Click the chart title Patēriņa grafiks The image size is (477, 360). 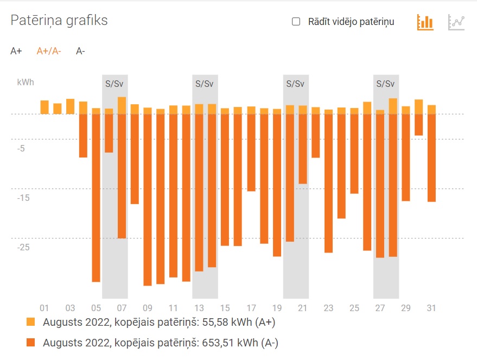click(x=59, y=21)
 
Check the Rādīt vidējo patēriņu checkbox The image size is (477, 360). click(x=296, y=22)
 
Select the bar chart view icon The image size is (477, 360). click(x=425, y=22)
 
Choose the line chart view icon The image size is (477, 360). click(x=456, y=22)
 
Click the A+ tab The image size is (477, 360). click(x=16, y=52)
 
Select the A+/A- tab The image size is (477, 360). click(x=49, y=52)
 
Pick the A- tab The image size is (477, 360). click(x=80, y=52)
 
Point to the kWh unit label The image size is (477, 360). click(x=26, y=83)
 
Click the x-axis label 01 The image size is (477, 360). click(x=44, y=308)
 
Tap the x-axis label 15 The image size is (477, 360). click(x=225, y=308)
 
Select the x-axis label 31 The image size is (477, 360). click(x=431, y=308)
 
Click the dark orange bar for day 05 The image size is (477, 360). click(x=96, y=198)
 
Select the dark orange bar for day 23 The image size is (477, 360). click(x=328, y=183)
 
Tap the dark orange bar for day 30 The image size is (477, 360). click(x=418, y=124)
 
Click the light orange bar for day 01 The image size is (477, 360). click(x=44, y=107)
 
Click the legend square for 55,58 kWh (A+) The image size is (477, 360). click(x=31, y=322)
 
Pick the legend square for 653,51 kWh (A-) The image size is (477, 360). click(x=31, y=343)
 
